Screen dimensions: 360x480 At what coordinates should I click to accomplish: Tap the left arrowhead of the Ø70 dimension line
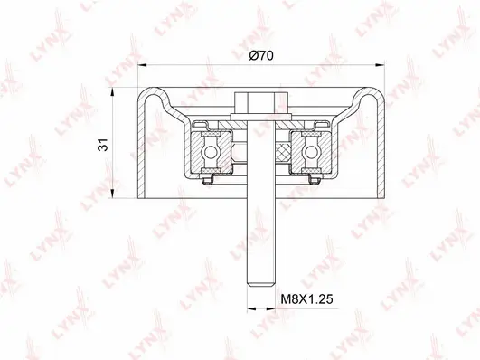[x=141, y=66]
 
